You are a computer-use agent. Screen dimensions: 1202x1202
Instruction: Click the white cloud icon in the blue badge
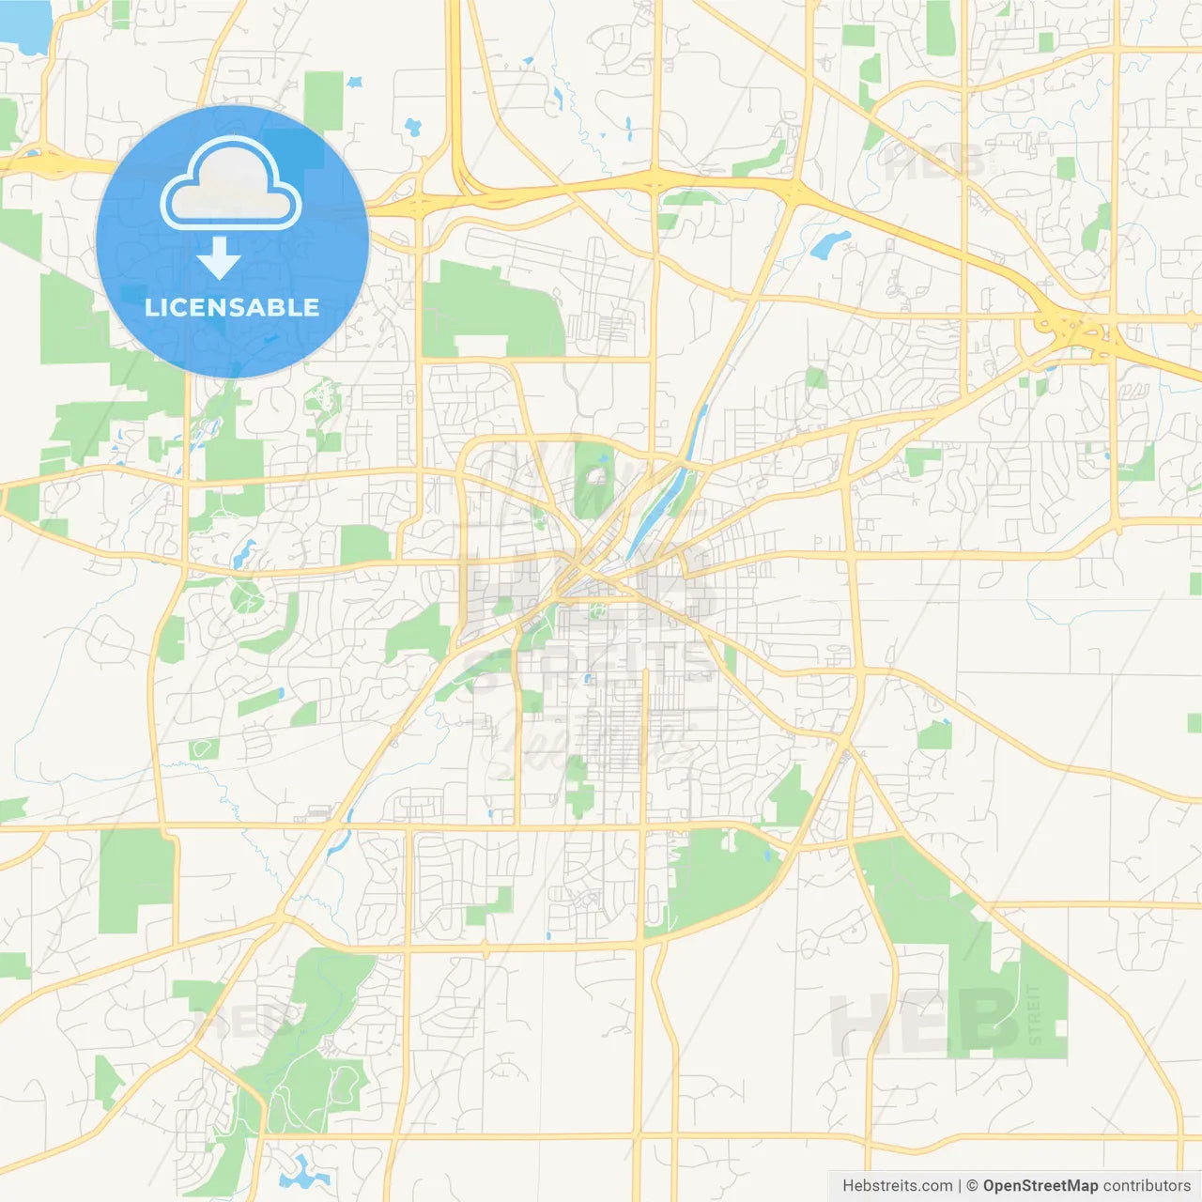pos(231,184)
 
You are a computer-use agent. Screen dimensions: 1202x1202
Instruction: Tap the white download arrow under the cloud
pos(219,258)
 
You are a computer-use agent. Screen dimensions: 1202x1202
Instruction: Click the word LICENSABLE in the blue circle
pos(232,307)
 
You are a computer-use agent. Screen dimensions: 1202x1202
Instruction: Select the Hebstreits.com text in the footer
pos(897,1186)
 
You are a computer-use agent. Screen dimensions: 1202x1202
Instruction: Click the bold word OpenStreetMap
pos(1040,1186)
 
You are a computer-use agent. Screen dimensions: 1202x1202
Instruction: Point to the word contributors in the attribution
pos(1146,1186)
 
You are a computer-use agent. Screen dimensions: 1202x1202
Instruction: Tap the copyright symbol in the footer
pos(972,1186)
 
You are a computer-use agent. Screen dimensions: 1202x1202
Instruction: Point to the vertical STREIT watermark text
pos(1035,1014)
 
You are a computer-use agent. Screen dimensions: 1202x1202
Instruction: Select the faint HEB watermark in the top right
pos(934,162)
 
